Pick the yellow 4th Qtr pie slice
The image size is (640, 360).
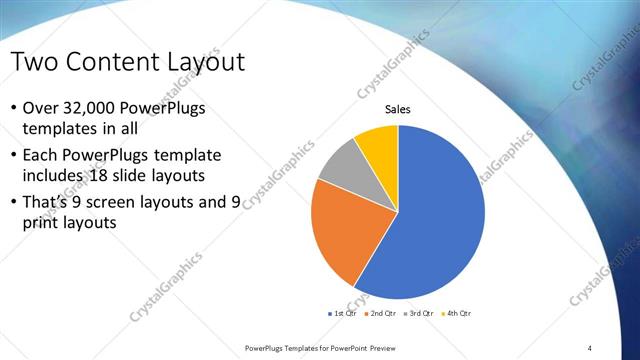click(x=379, y=144)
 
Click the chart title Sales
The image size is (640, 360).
click(x=398, y=110)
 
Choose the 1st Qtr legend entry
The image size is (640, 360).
click(x=345, y=314)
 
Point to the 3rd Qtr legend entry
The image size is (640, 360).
click(x=418, y=314)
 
